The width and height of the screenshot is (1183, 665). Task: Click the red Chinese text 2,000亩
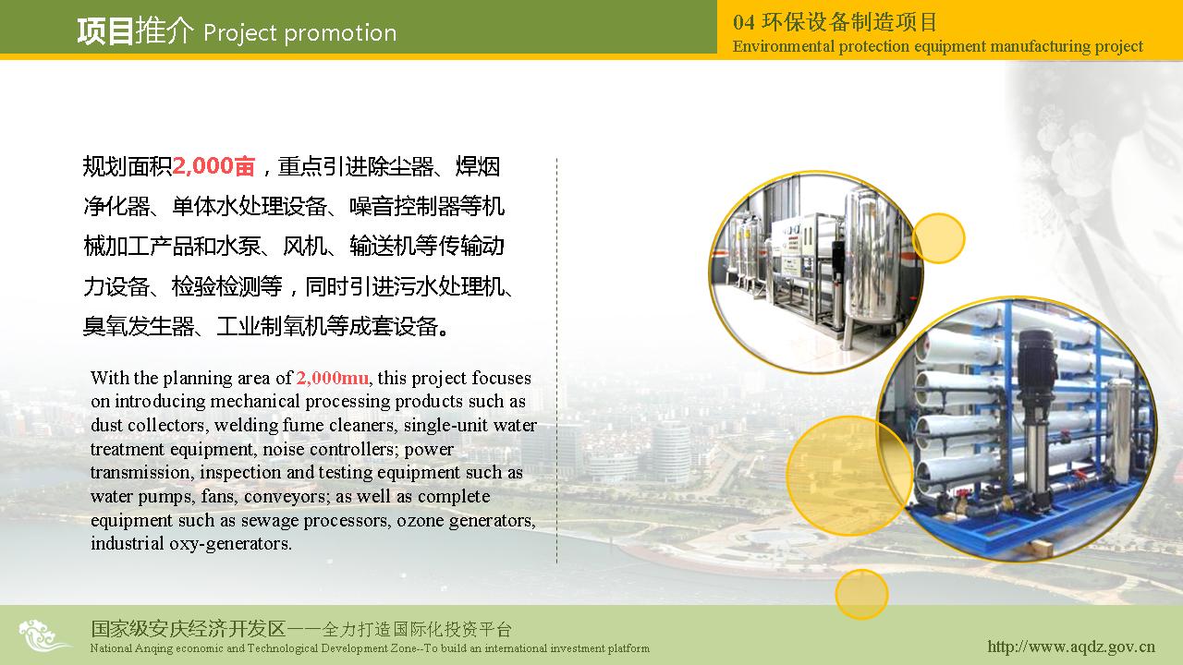(x=213, y=166)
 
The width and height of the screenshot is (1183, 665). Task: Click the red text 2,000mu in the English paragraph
(x=332, y=378)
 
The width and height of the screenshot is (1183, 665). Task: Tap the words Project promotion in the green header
(x=300, y=33)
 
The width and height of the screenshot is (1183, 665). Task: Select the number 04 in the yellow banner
(x=744, y=22)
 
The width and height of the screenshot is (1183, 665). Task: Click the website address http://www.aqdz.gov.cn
(x=1071, y=647)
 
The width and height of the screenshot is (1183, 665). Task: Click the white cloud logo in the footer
(x=43, y=635)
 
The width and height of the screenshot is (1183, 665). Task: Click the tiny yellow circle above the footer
(x=861, y=594)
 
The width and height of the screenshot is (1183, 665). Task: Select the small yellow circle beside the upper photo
(x=938, y=238)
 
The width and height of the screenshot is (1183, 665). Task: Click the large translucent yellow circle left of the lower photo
(x=848, y=476)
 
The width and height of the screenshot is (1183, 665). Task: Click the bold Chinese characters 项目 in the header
(x=104, y=31)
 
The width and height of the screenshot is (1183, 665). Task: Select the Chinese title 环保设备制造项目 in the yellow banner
(x=849, y=22)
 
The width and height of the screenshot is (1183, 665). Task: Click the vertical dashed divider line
(x=556, y=360)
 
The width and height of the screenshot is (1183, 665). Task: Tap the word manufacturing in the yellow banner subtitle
(x=1041, y=46)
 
